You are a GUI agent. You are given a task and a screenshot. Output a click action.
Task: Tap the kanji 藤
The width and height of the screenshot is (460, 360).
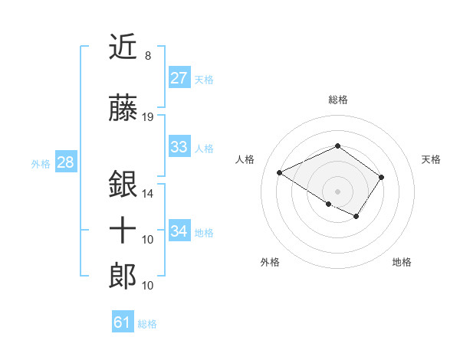[123, 110]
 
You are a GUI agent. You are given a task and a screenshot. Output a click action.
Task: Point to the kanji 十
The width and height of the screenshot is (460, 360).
[123, 231]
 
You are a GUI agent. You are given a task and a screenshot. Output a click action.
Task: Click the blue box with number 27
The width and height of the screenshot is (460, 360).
[179, 78]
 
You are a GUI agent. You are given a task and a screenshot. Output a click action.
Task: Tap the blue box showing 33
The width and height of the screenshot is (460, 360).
[179, 147]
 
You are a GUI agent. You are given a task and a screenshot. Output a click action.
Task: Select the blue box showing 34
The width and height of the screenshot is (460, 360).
[179, 231]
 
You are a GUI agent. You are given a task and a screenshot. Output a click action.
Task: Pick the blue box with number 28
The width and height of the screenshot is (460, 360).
[65, 162]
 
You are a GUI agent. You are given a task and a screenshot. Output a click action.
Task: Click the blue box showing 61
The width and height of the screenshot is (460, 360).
[122, 322]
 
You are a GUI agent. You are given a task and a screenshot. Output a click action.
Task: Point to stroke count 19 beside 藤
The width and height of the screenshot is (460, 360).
[148, 117]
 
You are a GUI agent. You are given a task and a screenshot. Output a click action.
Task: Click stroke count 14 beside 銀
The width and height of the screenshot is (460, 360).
[148, 193]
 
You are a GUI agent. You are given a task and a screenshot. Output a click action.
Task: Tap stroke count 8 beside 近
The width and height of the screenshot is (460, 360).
[147, 56]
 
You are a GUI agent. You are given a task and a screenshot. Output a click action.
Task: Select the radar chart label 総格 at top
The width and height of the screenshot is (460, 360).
[337, 100]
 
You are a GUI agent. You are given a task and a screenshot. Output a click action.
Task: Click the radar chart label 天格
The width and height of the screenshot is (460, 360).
[431, 159]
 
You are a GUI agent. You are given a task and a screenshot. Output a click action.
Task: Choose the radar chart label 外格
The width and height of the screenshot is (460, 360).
[270, 262]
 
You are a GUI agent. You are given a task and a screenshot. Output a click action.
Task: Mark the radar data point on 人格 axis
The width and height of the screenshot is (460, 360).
[280, 173]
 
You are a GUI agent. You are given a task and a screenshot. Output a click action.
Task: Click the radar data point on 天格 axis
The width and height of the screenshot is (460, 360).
[381, 177]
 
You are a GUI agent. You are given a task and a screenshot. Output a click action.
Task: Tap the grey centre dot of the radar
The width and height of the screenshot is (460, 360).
[337, 191]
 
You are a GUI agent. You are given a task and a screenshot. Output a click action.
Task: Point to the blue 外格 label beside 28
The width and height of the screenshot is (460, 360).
[40, 163]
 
